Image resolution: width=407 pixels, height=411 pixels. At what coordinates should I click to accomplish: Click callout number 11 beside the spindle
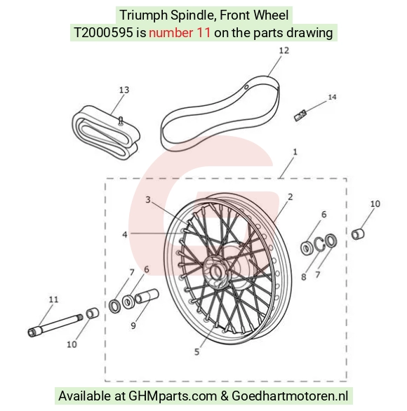pyautogui.click(x=53, y=299)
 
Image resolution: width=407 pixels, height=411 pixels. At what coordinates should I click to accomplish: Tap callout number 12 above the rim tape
pyautogui.click(x=283, y=50)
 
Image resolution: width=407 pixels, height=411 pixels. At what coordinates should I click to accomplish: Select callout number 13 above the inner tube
pyautogui.click(x=124, y=90)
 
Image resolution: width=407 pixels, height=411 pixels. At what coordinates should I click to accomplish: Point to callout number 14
pyautogui.click(x=332, y=97)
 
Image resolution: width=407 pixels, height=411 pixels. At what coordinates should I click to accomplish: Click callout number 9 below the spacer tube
pyautogui.click(x=133, y=326)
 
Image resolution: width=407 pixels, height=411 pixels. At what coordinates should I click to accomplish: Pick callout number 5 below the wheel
pyautogui.click(x=196, y=352)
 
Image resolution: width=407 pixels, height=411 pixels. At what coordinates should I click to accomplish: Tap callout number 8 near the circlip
pyautogui.click(x=303, y=277)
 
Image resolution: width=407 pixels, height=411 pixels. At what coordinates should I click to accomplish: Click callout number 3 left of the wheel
pyautogui.click(x=148, y=200)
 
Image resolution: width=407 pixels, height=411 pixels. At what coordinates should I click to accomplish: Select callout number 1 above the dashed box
pyautogui.click(x=295, y=152)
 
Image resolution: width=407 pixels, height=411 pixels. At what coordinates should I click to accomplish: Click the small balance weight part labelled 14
pyautogui.click(x=300, y=115)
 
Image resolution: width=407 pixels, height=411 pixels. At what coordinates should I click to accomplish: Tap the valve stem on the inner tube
pyautogui.click(x=121, y=121)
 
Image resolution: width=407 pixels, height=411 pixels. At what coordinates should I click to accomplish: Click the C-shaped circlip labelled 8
pyautogui.click(x=320, y=244)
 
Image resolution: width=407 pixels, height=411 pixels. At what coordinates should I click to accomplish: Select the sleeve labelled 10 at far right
pyautogui.click(x=358, y=234)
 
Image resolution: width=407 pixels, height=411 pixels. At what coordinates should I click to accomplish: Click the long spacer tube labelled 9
pyautogui.click(x=147, y=296)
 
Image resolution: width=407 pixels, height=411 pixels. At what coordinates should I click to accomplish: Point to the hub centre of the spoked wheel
pyautogui.click(x=216, y=272)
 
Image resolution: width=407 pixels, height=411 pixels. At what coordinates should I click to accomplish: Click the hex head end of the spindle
pyautogui.click(x=32, y=332)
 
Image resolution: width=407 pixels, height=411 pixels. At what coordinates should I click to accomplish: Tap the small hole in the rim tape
pyautogui.click(x=246, y=87)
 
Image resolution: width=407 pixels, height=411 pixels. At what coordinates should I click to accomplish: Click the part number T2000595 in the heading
pyautogui.click(x=103, y=33)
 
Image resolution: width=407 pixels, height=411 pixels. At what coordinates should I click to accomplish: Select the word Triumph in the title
pyautogui.click(x=143, y=15)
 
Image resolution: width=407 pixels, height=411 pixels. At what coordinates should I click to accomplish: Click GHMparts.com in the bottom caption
pyautogui.click(x=173, y=396)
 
